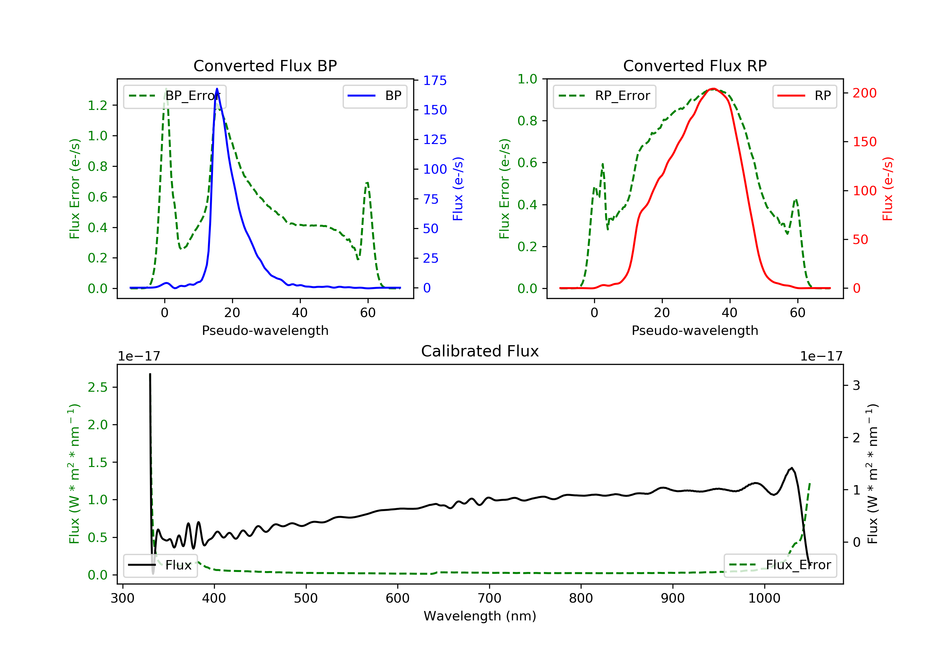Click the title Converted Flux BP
[x=265, y=66]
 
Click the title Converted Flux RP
[x=695, y=66]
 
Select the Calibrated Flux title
[x=480, y=351]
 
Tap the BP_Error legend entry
[x=175, y=96]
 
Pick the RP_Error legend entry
[x=604, y=96]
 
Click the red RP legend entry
[x=804, y=96]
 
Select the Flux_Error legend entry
[x=780, y=565]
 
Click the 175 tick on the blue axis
[x=435, y=80]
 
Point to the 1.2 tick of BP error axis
[x=97, y=105]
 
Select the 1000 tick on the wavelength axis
[x=764, y=598]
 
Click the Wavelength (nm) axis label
[x=480, y=616]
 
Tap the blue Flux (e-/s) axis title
[x=458, y=189]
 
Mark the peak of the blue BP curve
[x=217, y=89]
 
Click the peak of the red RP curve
[x=712, y=89]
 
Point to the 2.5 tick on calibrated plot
[x=97, y=387]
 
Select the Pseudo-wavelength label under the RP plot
[x=695, y=330]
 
